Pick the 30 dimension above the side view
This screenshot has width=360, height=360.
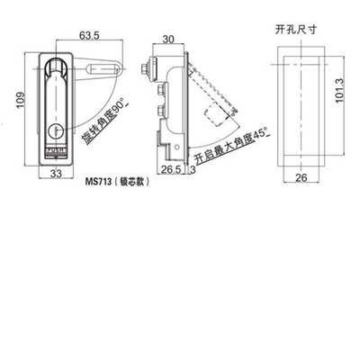pos(168,39)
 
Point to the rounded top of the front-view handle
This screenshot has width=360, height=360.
pos(56,65)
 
